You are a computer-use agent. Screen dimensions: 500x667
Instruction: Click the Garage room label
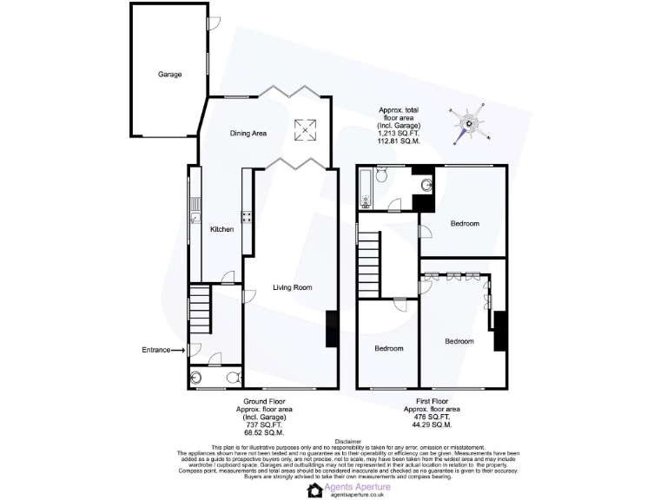tap(169, 75)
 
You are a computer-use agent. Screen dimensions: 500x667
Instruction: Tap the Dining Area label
tap(248, 134)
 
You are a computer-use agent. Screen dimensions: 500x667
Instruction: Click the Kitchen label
tap(221, 229)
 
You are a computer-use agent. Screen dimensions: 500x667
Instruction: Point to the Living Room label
tap(292, 287)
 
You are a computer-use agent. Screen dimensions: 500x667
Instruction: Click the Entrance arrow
tap(179, 350)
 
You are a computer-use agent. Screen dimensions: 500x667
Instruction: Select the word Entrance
tap(156, 350)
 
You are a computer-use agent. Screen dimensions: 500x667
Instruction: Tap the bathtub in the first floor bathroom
tap(367, 187)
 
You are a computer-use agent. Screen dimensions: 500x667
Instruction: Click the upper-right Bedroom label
tap(465, 224)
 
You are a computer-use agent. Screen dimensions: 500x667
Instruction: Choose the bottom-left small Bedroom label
tap(388, 348)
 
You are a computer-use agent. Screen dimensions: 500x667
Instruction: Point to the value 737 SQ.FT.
tap(265, 425)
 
